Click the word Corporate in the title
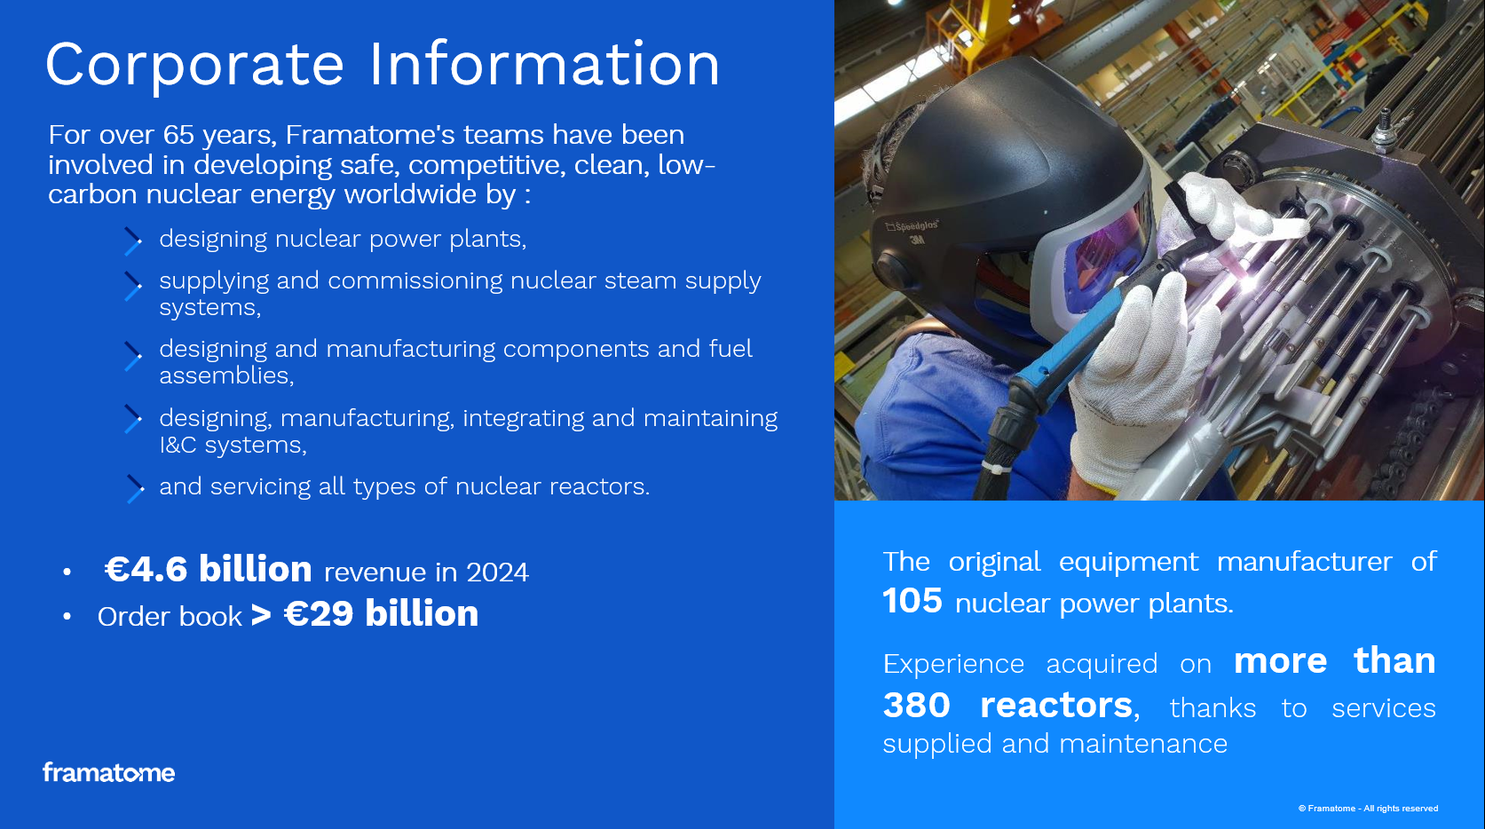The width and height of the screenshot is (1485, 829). pos(195,65)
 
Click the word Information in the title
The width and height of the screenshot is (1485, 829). pos(544,64)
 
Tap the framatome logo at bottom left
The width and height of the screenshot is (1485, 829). pos(108,772)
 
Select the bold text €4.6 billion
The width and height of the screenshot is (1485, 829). pos(209,569)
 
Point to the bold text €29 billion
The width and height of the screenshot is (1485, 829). pos(381,613)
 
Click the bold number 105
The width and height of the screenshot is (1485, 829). pos(912,601)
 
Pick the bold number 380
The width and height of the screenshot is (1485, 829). pos(916,705)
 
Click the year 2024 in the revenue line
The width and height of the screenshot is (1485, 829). pos(497,572)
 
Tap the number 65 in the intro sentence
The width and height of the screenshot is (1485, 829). pos(178,135)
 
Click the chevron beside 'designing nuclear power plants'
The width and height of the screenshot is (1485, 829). pos(133,241)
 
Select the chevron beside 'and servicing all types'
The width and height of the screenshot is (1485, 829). pos(135,489)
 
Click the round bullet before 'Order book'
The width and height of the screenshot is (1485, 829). pos(67,617)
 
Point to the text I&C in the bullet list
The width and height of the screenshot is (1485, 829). pos(178,445)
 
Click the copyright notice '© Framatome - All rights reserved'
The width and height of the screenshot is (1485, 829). pos(1369,809)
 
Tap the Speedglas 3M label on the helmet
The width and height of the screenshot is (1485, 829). pos(912,232)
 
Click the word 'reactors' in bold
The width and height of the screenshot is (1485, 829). pos(1056,705)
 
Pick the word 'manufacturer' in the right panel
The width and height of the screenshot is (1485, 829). pos(1304,562)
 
